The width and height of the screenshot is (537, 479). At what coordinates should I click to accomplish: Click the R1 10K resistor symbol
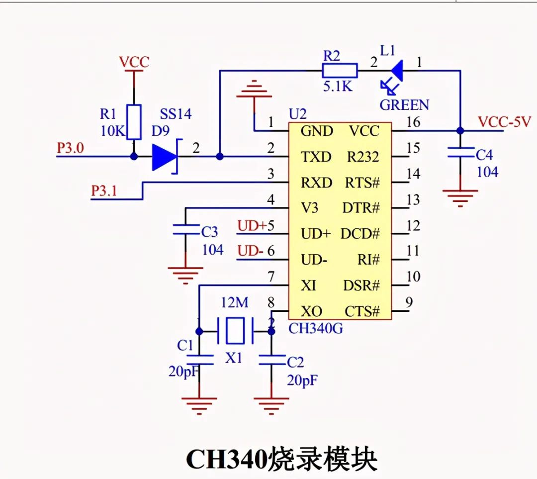[x=134, y=122]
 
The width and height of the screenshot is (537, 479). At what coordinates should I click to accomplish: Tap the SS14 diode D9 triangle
[x=165, y=157]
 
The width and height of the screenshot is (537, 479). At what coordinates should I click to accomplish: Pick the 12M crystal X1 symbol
[x=235, y=331]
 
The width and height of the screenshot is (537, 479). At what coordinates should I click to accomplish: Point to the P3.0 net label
[x=71, y=148]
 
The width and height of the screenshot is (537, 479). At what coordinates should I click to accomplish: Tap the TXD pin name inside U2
[x=316, y=157]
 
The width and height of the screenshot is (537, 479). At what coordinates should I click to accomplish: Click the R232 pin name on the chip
[x=362, y=157]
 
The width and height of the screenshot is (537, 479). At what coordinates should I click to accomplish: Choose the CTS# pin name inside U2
[x=362, y=312]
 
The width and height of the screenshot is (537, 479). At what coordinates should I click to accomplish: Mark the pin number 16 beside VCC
[x=412, y=122]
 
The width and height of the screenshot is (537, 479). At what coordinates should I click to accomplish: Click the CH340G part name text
[x=316, y=328]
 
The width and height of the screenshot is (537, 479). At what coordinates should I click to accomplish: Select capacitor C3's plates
[x=185, y=230]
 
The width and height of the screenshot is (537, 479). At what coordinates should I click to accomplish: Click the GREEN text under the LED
[x=404, y=105]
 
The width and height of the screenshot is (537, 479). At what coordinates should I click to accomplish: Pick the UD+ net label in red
[x=252, y=226]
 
